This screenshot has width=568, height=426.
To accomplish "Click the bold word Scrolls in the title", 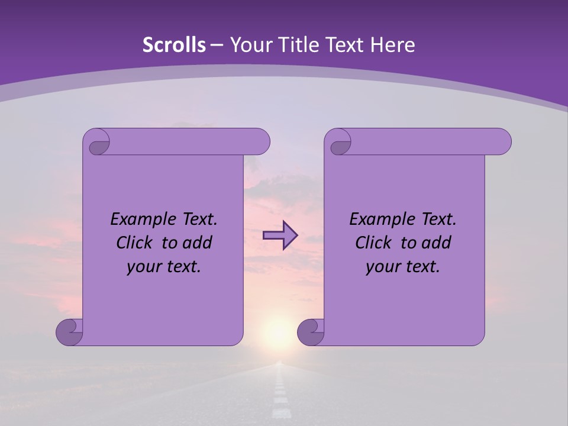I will pyautogui.click(x=174, y=45).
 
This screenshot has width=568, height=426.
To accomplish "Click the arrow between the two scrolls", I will pyautogui.click(x=280, y=235).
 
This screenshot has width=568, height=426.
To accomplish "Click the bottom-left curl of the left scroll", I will pyautogui.click(x=69, y=332).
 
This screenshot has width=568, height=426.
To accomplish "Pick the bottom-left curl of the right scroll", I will pyautogui.click(x=311, y=332).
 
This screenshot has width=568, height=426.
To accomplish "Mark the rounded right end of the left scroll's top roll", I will pyautogui.click(x=263, y=141).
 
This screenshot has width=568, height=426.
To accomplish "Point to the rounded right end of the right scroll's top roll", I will pyautogui.click(x=504, y=141).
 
